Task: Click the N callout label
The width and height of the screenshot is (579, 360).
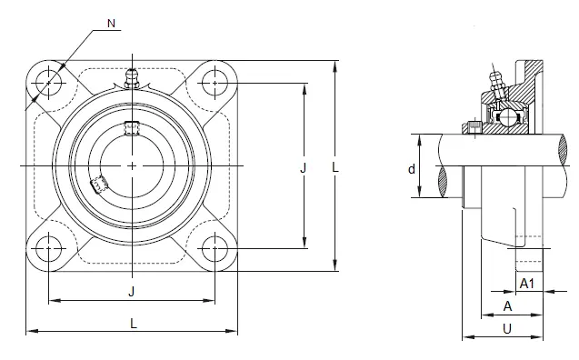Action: [111, 24]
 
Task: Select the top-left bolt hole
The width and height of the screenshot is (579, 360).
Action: [49, 83]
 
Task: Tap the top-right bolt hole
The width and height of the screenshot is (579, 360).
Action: [215, 83]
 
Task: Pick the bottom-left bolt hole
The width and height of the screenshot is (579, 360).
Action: [49, 248]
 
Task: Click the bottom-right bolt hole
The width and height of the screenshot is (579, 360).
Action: [215, 248]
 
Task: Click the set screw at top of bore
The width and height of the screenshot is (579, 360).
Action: [132, 128]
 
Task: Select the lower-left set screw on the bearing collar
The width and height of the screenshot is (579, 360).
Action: [98, 184]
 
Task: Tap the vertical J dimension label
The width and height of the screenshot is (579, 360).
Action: [303, 168]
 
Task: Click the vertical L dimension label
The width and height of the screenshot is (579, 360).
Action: [334, 167]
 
